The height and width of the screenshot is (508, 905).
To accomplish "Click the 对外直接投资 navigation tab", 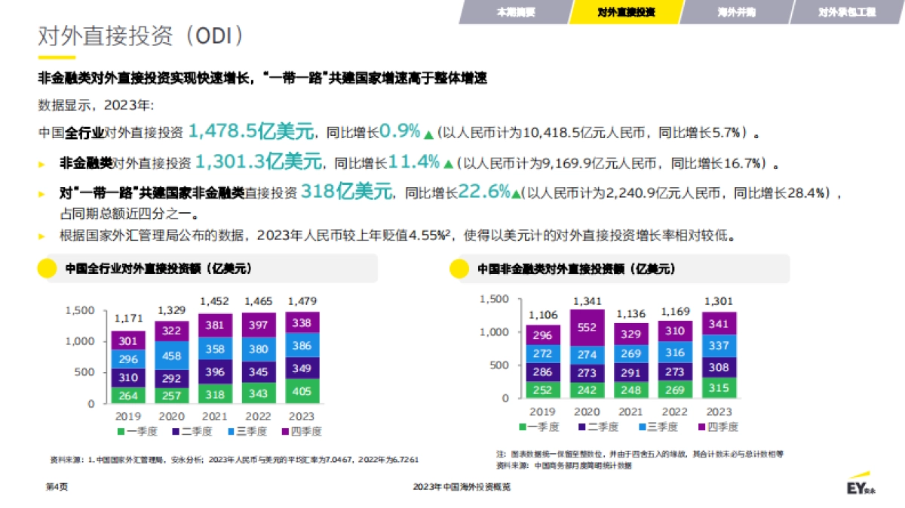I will point(625,12).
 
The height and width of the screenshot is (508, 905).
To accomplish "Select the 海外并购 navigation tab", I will point(736,12).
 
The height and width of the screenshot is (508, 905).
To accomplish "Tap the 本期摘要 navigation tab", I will point(516,12).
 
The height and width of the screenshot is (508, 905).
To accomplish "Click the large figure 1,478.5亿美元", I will point(250,132).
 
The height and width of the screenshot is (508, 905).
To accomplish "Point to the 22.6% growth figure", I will point(483,192).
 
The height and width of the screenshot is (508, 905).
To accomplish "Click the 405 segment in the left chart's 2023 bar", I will point(302,391).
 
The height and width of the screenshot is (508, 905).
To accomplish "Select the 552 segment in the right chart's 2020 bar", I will point(587,328).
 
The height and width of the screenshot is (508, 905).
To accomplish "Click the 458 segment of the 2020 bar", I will point(172,355).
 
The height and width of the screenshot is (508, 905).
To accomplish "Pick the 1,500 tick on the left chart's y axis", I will point(80,310).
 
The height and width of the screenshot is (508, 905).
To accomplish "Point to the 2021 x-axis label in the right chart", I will point(630,411).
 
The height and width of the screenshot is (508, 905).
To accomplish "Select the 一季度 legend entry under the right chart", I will point(538,426).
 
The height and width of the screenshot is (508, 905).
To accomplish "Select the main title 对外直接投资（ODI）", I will point(141,35).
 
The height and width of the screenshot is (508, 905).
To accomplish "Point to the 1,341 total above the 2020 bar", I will point(587,301).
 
